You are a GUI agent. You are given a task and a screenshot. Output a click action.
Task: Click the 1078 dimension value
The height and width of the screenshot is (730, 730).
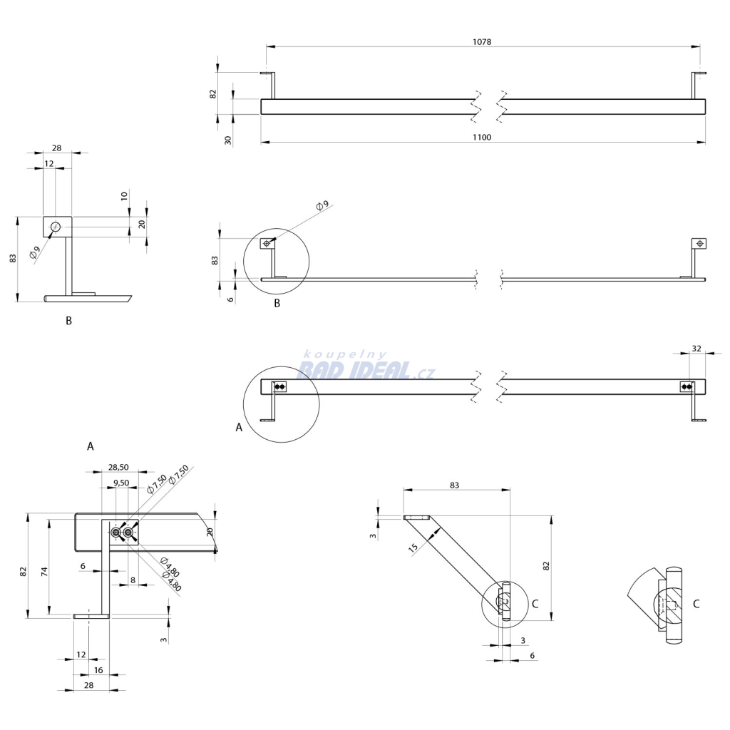pos(482,42)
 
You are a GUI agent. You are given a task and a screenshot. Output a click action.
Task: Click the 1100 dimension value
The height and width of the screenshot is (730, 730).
pos(482,138)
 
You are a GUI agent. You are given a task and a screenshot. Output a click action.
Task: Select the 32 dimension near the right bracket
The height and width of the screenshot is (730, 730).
pos(696,348)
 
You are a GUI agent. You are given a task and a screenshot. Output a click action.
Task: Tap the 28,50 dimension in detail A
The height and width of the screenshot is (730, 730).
pos(118,467)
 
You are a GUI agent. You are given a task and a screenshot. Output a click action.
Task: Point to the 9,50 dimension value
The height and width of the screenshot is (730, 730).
pos(121,483)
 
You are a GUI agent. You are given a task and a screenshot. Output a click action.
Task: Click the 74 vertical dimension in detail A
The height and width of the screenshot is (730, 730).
pos(45,572)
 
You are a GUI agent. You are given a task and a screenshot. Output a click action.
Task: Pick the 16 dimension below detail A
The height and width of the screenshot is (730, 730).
pos(98,670)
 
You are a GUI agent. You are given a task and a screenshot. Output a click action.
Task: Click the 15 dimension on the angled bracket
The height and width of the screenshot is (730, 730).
pos(413,547)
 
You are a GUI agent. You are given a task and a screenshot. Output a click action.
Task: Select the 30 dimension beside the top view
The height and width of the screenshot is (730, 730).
pos(228,140)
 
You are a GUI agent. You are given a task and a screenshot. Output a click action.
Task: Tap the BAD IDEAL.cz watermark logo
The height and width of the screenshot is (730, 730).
pos(366,367)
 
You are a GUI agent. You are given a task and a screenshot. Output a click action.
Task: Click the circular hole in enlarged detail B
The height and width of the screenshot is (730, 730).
pos(56,227)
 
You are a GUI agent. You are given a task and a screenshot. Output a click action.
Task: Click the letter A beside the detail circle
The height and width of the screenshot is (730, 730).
pos(239,427)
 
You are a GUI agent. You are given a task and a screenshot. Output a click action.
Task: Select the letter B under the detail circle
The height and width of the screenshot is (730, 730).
pos(277,303)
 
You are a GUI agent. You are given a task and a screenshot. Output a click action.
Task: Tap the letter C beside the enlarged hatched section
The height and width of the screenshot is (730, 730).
pos(696,604)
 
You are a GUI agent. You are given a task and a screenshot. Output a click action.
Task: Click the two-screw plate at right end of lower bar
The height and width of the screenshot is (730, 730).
pos(687,386)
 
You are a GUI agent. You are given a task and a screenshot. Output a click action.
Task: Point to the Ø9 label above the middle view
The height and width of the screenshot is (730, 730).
pos(322,205)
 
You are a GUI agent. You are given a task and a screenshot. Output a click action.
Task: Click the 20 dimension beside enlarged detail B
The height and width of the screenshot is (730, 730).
pos(142,224)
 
